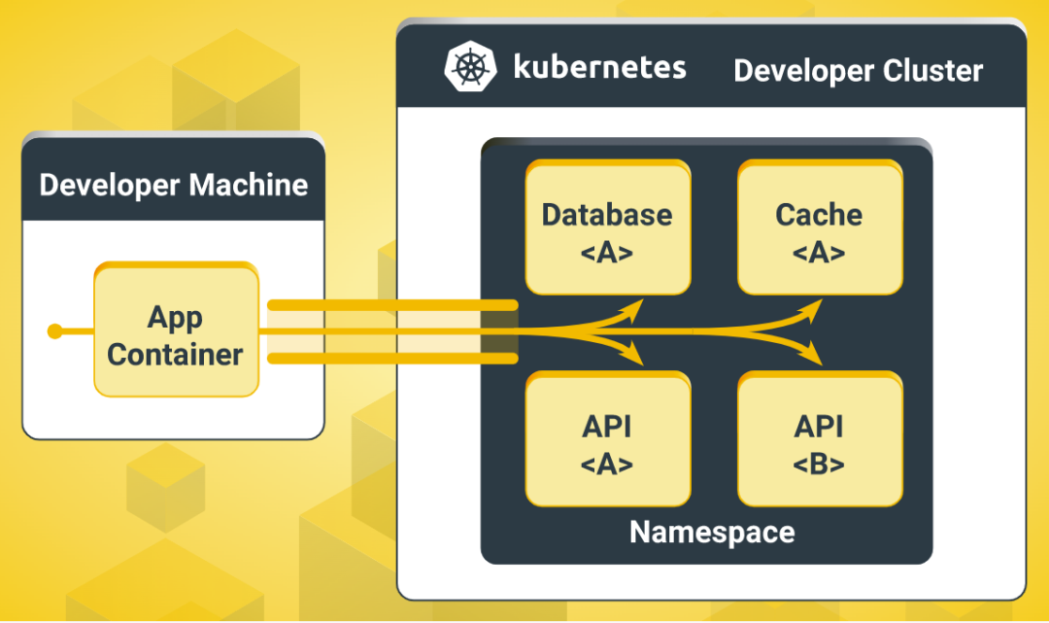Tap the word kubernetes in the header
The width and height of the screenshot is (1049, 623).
click(599, 68)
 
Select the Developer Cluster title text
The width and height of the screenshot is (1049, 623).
click(858, 71)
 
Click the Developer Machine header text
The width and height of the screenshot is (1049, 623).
click(174, 185)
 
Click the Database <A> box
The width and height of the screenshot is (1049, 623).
click(607, 230)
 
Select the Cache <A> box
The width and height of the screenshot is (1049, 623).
click(819, 230)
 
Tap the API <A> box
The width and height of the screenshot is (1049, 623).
click(607, 442)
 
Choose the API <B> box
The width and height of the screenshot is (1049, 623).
click(819, 442)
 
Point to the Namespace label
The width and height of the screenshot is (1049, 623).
click(712, 532)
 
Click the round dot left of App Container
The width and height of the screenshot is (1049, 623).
click(55, 332)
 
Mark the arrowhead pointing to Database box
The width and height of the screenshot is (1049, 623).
click(635, 307)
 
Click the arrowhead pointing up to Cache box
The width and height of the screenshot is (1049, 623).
click(816, 307)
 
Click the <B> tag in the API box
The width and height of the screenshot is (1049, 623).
click(819, 464)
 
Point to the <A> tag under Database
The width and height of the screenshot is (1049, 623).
click(607, 253)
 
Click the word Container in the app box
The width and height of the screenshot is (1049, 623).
click(175, 355)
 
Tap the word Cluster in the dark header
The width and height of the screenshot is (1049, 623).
click(932, 71)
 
